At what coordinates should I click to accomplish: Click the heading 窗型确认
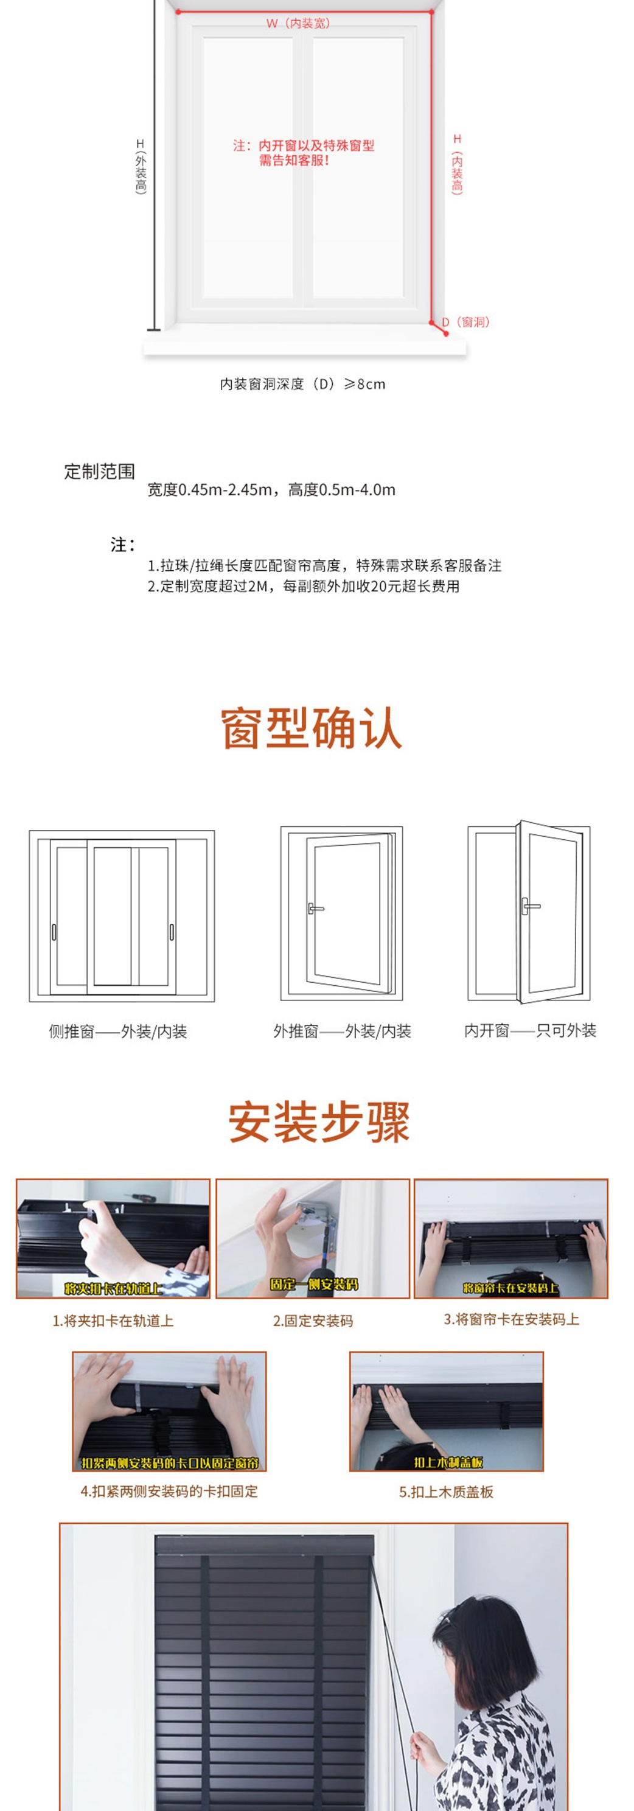[x=312, y=728]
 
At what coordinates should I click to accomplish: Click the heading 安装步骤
[x=318, y=1123]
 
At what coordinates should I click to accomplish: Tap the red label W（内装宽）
[x=298, y=23]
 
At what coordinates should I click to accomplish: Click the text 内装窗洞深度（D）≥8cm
[x=302, y=384]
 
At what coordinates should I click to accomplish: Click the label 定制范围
[x=99, y=472]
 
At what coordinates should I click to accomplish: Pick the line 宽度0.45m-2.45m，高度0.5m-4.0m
[x=271, y=490]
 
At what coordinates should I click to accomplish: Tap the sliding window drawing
[x=122, y=916]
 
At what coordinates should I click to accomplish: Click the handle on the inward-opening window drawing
[x=529, y=906]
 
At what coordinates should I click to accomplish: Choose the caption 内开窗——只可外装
[x=530, y=1031]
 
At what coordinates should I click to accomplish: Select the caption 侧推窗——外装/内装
[x=117, y=1031]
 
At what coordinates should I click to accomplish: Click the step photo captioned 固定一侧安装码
[x=312, y=1239]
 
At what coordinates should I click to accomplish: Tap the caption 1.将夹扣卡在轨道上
[x=113, y=1321]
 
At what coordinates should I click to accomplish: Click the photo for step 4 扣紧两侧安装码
[x=169, y=1410]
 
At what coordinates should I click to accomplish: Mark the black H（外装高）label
[x=141, y=166]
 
